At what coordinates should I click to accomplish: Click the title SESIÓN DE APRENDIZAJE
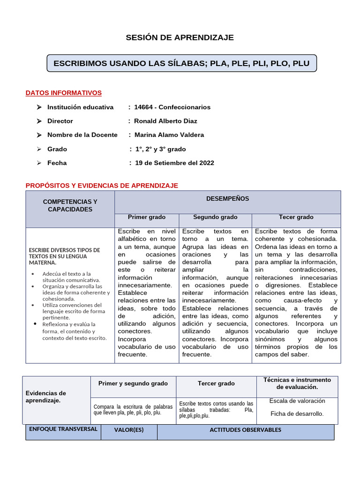click(x=180, y=37)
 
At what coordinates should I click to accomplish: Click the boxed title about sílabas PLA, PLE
click(x=181, y=63)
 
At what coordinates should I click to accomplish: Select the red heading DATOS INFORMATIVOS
click(x=63, y=93)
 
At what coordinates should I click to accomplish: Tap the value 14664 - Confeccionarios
click(x=172, y=107)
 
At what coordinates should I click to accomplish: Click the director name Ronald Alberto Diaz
click(x=165, y=121)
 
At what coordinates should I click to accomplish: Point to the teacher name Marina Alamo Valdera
click(x=169, y=135)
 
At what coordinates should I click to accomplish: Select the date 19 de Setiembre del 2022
click(x=174, y=163)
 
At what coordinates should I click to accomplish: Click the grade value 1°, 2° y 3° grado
click(x=160, y=149)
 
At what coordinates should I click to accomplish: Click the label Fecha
click(x=57, y=163)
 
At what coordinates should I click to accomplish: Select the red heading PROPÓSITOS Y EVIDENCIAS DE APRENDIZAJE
click(x=102, y=186)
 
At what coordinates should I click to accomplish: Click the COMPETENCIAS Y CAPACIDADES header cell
click(x=70, y=205)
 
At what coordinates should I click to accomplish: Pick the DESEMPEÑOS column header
click(x=227, y=199)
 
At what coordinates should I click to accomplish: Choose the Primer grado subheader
click(x=147, y=217)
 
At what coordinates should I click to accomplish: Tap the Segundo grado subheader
click(x=215, y=217)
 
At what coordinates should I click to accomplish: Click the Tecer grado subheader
click(x=296, y=217)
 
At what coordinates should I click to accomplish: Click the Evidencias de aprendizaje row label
click(x=45, y=397)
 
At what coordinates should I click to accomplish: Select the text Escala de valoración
click(x=297, y=401)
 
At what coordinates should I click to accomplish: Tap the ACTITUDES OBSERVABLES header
click(x=245, y=430)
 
